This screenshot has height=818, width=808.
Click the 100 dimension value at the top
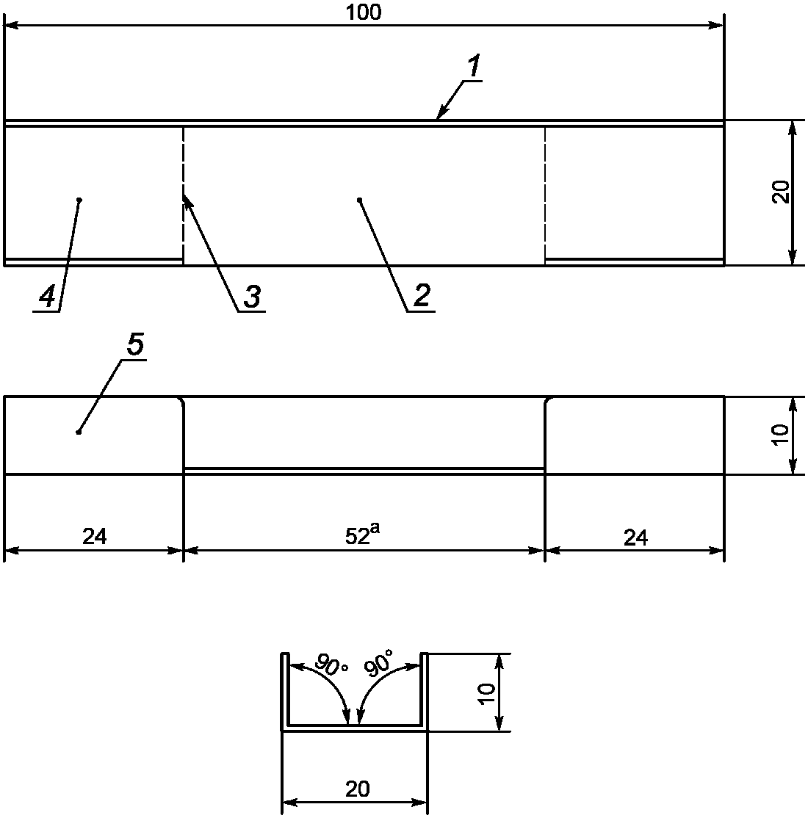[x=366, y=12]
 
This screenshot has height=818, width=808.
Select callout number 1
[x=474, y=68]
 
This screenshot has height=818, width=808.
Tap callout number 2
[x=422, y=297]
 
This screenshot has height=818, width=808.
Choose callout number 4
[x=46, y=297]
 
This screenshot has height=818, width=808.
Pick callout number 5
[x=134, y=346]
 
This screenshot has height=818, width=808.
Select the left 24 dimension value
[x=94, y=538]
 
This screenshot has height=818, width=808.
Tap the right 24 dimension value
[x=636, y=538]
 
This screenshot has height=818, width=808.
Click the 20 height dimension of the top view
[x=781, y=192]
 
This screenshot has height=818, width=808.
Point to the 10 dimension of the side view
[x=781, y=435]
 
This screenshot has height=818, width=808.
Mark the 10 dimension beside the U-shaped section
[x=487, y=692]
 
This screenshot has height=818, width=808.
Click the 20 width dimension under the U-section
[x=357, y=789]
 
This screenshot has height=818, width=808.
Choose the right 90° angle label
[x=378, y=665]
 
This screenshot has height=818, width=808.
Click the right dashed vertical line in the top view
[x=545, y=195]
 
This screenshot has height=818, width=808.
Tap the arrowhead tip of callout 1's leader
[x=437, y=118]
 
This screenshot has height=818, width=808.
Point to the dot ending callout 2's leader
[x=359, y=200]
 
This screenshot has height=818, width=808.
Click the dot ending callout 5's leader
[x=79, y=432]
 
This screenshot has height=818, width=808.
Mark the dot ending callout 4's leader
[x=79, y=200]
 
